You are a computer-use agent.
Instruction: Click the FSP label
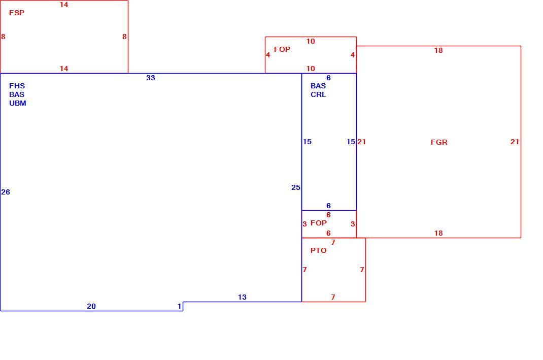(x=17, y=13)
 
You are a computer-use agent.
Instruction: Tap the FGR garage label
(x=439, y=142)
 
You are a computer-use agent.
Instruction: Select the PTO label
(x=319, y=250)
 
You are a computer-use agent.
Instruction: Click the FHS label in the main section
(x=17, y=86)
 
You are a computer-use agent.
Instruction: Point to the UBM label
(x=18, y=103)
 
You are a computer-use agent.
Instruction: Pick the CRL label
(x=318, y=94)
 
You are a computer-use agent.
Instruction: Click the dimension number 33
(x=151, y=78)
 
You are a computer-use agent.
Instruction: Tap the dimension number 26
(x=6, y=192)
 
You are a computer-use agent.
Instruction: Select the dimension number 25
(x=296, y=187)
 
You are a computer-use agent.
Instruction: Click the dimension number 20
(x=91, y=306)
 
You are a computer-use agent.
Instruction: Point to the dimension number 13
(x=242, y=297)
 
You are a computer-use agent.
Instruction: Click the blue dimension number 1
(x=179, y=306)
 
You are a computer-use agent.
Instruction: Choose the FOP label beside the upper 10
(x=282, y=49)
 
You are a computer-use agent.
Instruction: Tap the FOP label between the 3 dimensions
(x=319, y=223)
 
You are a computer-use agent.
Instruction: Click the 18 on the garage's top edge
(x=438, y=50)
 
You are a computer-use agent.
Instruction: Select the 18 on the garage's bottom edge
(x=438, y=233)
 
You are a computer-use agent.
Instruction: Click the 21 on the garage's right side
(x=515, y=142)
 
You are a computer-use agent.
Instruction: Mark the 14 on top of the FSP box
(x=64, y=5)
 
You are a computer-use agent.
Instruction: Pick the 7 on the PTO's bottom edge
(x=333, y=297)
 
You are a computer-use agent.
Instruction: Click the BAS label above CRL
(x=318, y=86)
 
